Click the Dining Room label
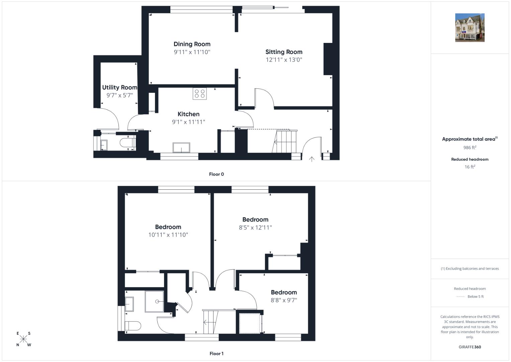(192, 44)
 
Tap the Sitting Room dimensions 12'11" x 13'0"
(284, 60)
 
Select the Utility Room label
(119, 87)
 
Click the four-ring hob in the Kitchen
(199, 94)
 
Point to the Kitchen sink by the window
(181, 147)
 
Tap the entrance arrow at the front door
(312, 159)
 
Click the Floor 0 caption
(216, 174)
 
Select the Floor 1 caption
(216, 354)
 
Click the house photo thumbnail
(470, 27)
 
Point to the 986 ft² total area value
(470, 147)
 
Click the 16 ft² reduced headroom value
(470, 167)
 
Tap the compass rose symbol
(23, 339)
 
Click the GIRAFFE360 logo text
(470, 347)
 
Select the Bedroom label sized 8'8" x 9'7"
(284, 292)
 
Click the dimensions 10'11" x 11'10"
(168, 235)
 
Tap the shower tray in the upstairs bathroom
(155, 301)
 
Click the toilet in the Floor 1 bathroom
(133, 326)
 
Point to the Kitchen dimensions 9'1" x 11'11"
(188, 122)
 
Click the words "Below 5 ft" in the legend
(476, 296)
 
